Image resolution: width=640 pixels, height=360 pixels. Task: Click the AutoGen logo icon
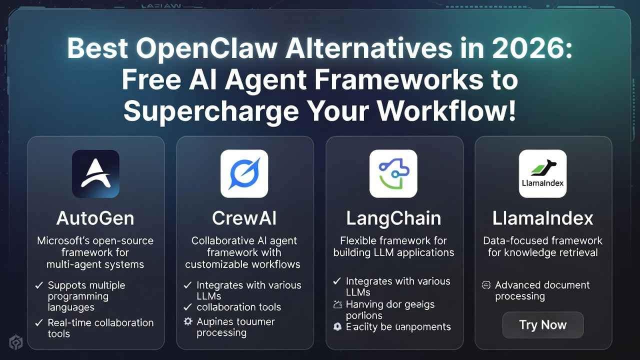(x=95, y=173)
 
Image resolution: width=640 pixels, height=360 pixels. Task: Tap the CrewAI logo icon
(x=244, y=173)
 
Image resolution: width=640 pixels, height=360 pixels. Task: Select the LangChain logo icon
(x=393, y=173)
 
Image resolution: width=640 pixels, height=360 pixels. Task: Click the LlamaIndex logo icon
(x=542, y=173)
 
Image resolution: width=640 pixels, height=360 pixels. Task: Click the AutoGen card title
(x=95, y=218)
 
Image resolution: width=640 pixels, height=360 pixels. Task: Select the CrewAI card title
(x=244, y=218)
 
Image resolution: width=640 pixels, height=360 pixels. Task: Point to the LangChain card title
(x=393, y=218)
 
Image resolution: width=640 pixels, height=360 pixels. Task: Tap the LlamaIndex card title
(x=542, y=218)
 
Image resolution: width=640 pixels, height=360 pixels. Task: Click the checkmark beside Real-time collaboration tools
(x=39, y=323)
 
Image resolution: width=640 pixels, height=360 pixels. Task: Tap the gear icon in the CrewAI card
(x=188, y=321)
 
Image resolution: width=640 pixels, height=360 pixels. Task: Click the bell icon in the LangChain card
(x=337, y=327)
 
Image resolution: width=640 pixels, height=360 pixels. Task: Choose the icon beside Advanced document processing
(x=485, y=285)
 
